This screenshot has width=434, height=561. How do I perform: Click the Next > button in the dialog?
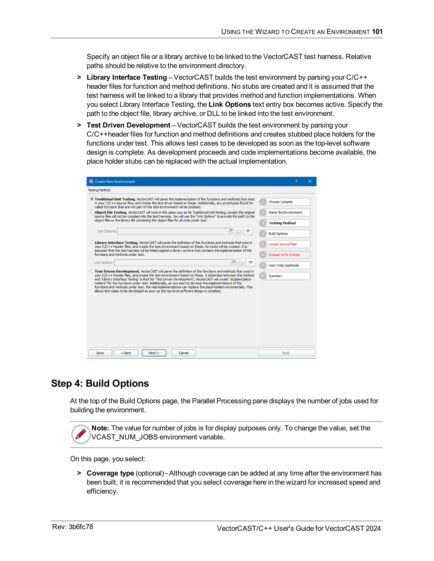pos(154,353)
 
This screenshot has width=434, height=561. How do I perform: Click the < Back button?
pos(126,353)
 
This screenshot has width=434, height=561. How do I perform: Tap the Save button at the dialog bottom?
pos(100,353)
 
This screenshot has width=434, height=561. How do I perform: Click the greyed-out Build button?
pos(286,353)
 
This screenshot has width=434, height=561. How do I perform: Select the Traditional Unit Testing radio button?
pos(92,199)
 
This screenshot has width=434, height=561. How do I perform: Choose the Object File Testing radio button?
pos(92,212)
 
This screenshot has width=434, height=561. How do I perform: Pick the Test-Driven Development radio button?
pos(92,271)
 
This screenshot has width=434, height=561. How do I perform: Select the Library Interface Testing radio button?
pos(92,242)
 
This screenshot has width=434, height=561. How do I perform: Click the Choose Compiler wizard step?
pos(285,202)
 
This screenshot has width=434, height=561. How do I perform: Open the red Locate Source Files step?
pos(285,244)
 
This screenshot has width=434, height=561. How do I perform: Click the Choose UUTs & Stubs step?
pos(285,255)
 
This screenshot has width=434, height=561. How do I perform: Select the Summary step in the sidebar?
pos(285,276)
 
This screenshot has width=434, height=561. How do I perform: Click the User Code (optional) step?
pos(285,265)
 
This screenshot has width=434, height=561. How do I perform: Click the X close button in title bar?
pos(310,181)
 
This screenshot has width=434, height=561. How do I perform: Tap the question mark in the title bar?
pos(296,181)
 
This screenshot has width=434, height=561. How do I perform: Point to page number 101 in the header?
pos(377,32)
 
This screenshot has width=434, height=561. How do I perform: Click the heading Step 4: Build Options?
pos(100,383)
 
